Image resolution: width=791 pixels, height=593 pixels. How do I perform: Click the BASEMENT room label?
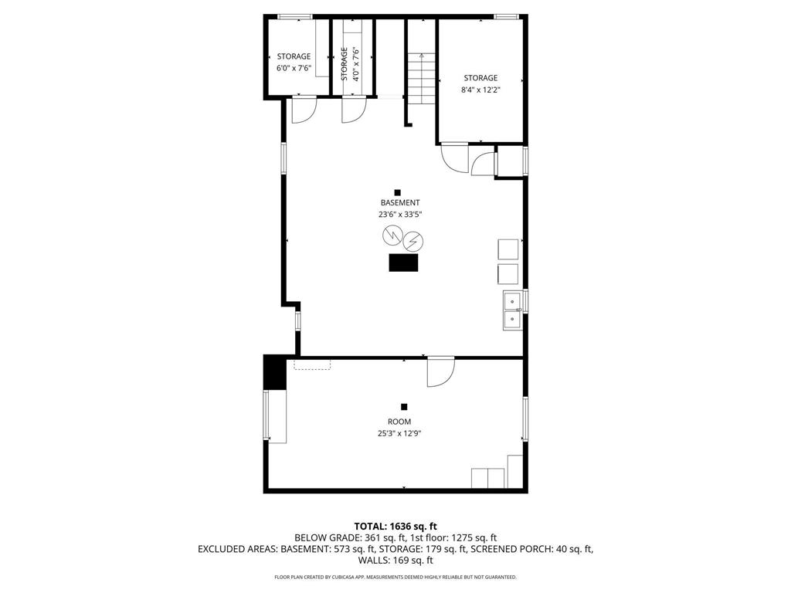point(399,202)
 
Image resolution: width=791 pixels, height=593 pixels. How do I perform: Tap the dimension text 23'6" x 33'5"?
point(399,215)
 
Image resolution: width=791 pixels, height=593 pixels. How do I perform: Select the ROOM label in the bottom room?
point(399,422)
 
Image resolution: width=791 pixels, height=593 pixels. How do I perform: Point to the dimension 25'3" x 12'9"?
point(399,433)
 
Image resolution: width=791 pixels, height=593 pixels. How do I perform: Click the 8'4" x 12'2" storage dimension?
point(480,90)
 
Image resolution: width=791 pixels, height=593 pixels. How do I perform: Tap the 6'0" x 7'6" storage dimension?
point(294,68)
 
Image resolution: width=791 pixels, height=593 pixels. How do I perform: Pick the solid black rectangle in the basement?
point(403,263)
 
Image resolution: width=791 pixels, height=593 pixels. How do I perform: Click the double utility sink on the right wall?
point(512,310)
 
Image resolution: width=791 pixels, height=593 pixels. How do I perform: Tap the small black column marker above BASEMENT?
point(398,192)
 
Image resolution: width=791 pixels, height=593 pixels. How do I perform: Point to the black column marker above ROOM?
point(403,407)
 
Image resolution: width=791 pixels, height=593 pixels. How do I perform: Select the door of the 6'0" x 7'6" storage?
point(303,110)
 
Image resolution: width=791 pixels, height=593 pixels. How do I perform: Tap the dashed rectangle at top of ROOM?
point(311,364)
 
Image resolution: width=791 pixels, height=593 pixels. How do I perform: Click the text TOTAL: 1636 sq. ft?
point(395,526)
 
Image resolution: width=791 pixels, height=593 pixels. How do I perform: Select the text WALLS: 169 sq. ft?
point(395,560)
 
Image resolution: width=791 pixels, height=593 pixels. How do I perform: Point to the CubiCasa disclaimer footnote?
point(395,577)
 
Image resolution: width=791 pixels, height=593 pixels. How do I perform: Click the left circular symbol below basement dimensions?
point(390,235)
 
